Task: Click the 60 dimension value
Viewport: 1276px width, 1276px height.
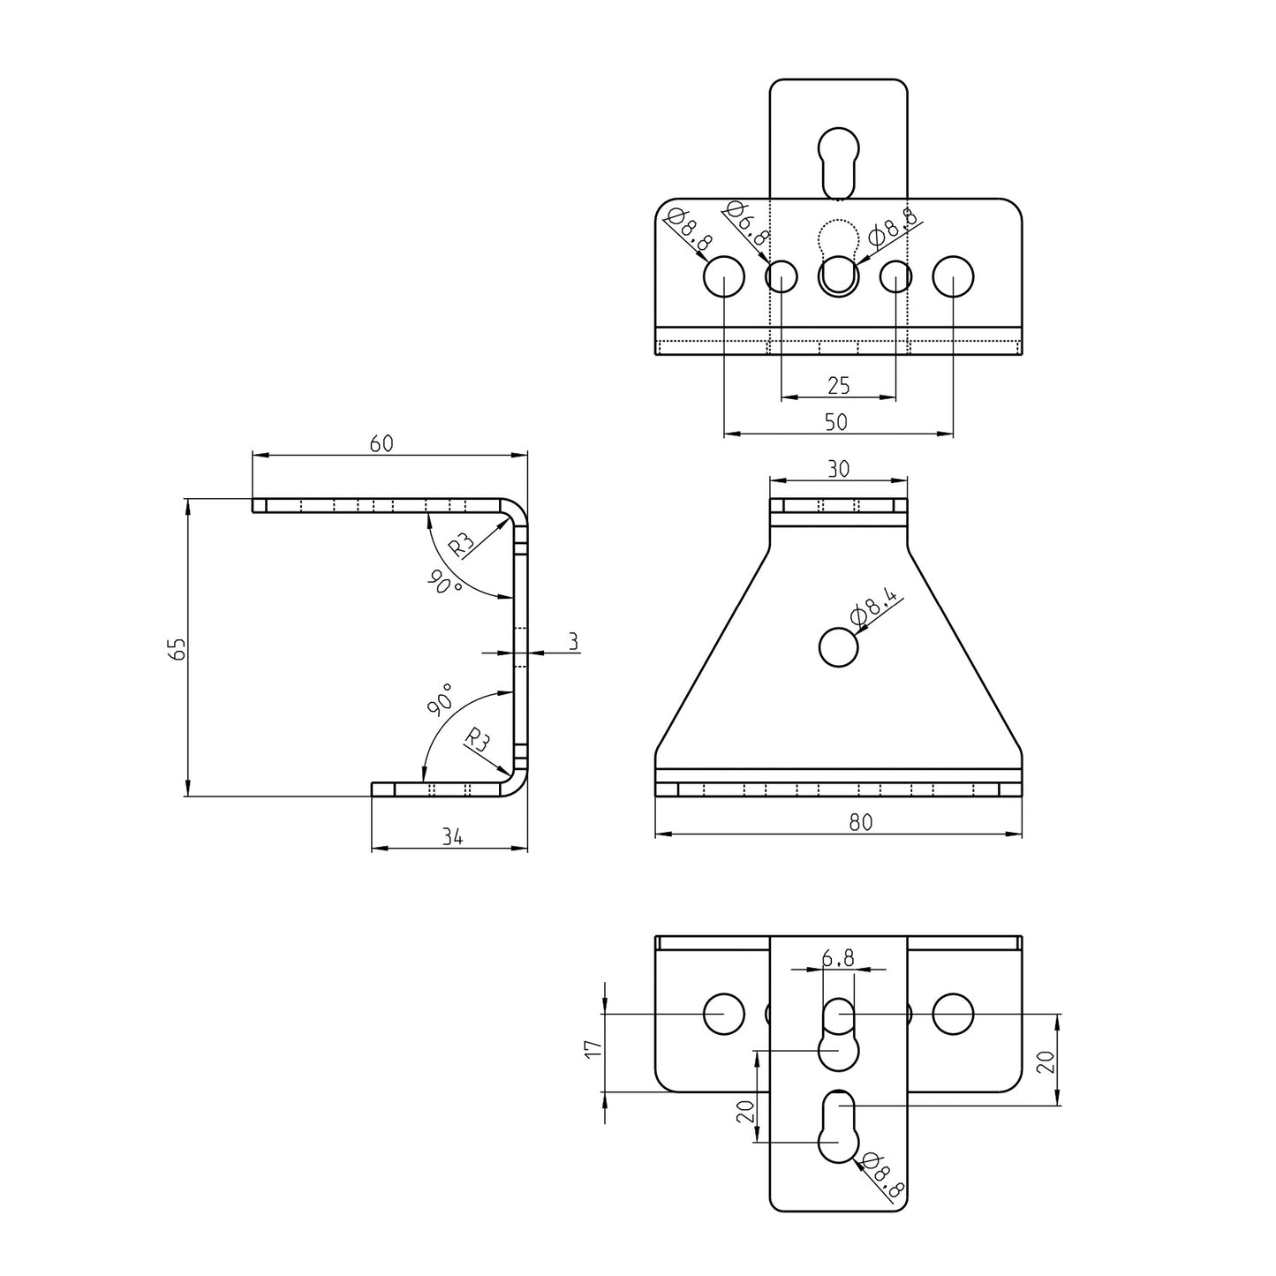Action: point(381,444)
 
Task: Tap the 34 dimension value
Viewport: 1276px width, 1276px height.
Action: point(452,836)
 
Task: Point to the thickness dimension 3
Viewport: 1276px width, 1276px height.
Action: point(574,642)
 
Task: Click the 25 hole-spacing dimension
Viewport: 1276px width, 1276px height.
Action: point(838,385)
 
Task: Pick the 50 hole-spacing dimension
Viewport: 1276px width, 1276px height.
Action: point(835,422)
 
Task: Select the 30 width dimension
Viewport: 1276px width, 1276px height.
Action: point(838,469)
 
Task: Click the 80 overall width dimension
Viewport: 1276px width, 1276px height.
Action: point(860,822)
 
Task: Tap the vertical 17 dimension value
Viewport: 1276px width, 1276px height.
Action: point(593,1048)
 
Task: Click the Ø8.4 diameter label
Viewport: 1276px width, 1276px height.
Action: point(873,608)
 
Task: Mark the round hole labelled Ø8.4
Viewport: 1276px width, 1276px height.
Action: point(838,647)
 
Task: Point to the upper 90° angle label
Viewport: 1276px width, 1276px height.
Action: point(443,583)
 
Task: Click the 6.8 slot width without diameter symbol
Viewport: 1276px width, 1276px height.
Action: point(837,958)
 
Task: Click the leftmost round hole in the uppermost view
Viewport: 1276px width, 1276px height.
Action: point(724,276)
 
